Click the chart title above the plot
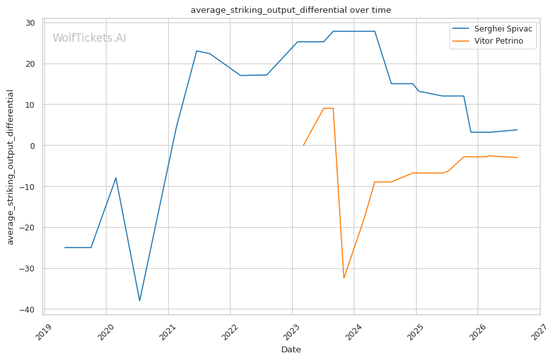(291, 10)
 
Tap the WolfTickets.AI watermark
(89, 38)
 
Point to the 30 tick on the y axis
(30, 23)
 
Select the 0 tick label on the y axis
(33, 146)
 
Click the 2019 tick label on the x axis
(44, 331)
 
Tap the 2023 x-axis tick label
(292, 331)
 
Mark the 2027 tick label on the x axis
(540, 331)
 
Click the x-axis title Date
(291, 350)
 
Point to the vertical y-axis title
(10, 167)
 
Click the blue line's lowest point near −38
(140, 301)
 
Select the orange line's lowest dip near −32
(344, 279)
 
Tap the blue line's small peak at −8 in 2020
(116, 178)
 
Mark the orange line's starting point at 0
(304, 145)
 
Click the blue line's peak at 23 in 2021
(197, 51)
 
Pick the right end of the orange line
(517, 158)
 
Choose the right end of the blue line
(517, 130)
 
